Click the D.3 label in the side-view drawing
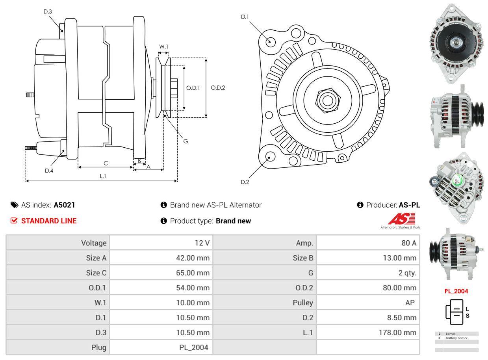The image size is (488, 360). tap(48, 11)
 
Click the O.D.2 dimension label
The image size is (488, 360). tap(218, 88)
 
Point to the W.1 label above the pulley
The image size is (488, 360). tap(163, 46)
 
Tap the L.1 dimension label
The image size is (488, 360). tap(103, 176)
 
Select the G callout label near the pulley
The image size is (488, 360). tap(186, 141)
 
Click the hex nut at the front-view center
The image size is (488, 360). tap(327, 100)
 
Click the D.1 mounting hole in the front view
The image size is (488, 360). tap(270, 41)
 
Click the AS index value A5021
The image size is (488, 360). tap(64, 205)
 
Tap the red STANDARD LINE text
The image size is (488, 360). tap(49, 221)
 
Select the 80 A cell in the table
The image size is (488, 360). tap(408, 243)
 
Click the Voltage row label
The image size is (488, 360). tap(94, 243)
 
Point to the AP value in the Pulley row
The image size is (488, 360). tap(410, 302)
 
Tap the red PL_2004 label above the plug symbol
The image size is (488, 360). tap(456, 291)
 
